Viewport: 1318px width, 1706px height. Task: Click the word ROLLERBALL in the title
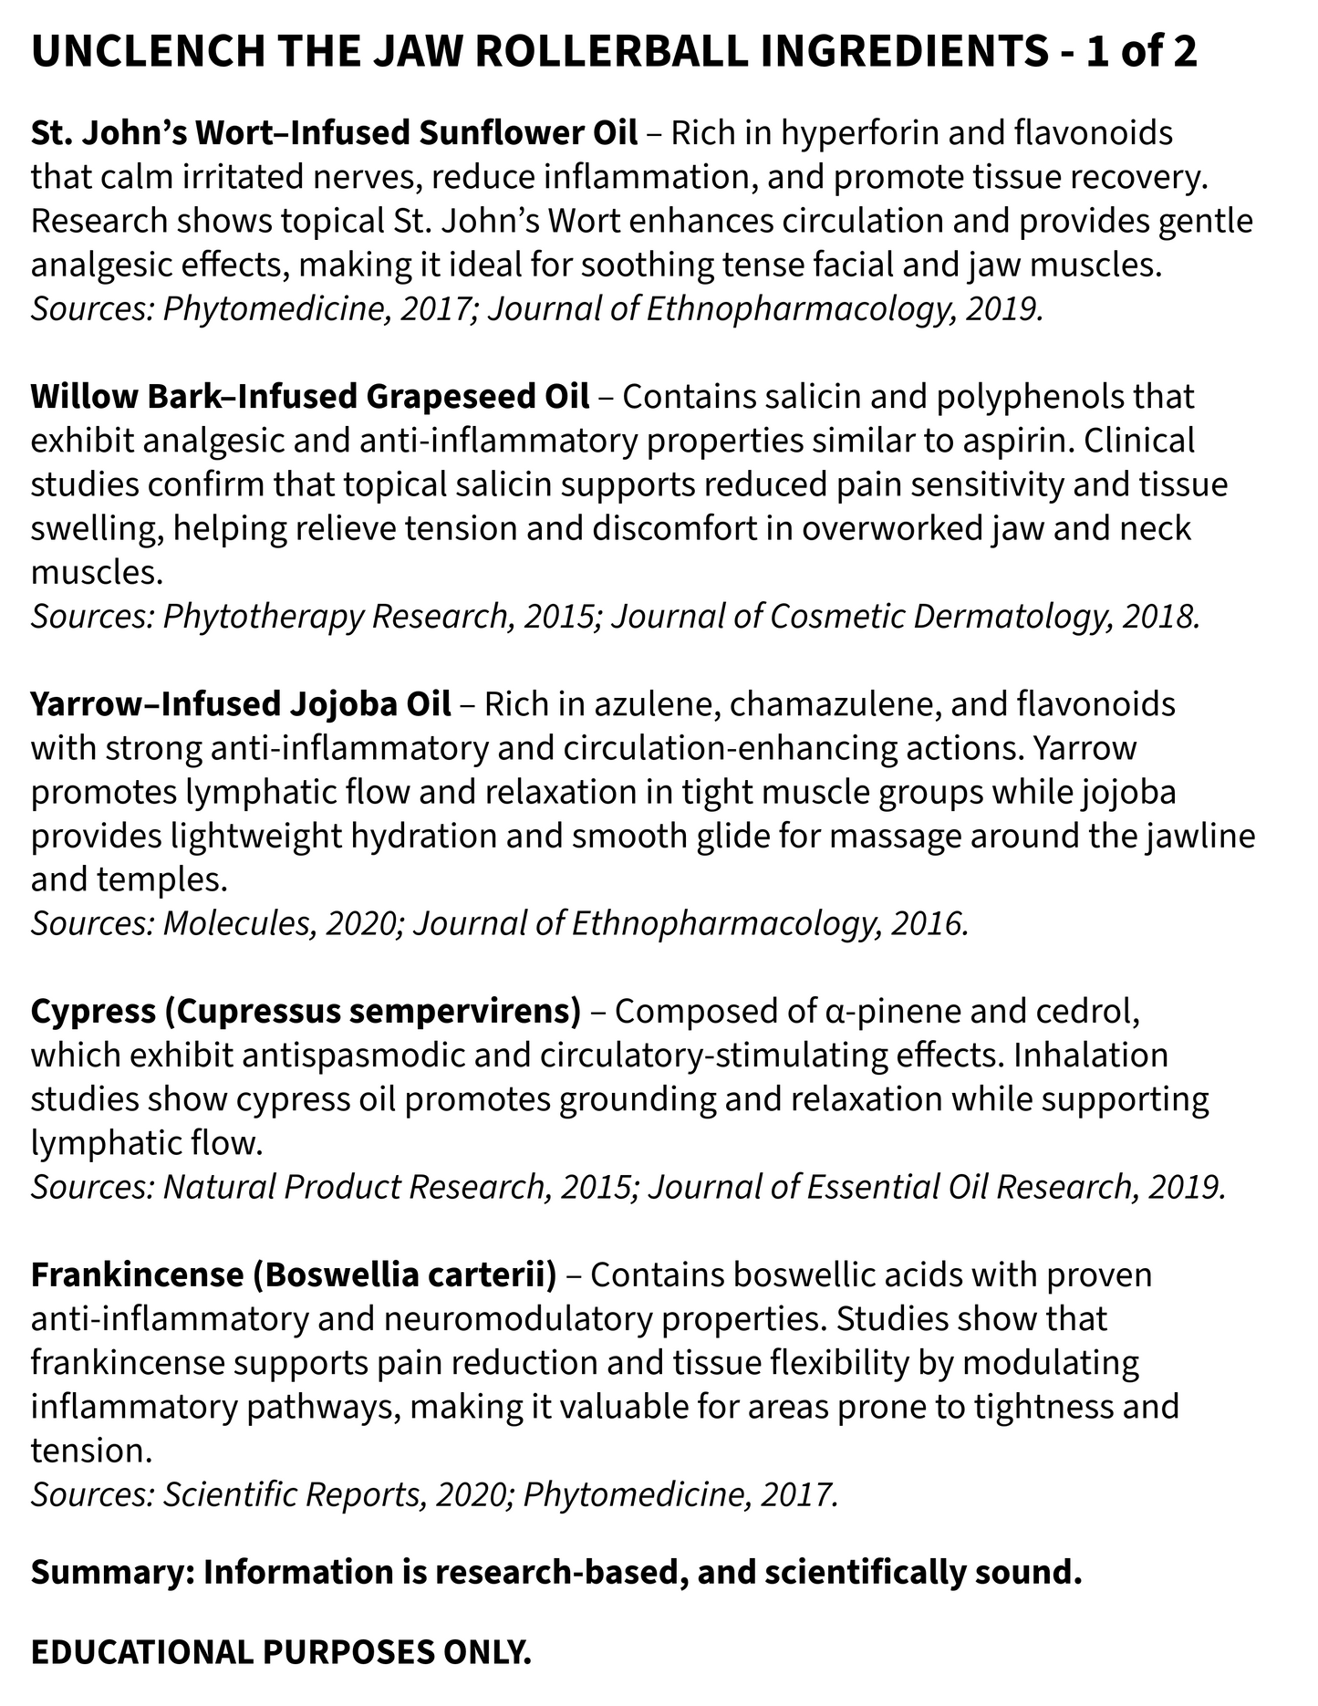point(612,53)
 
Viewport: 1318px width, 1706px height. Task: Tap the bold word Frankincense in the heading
point(135,1275)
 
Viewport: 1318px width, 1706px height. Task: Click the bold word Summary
point(110,1573)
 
